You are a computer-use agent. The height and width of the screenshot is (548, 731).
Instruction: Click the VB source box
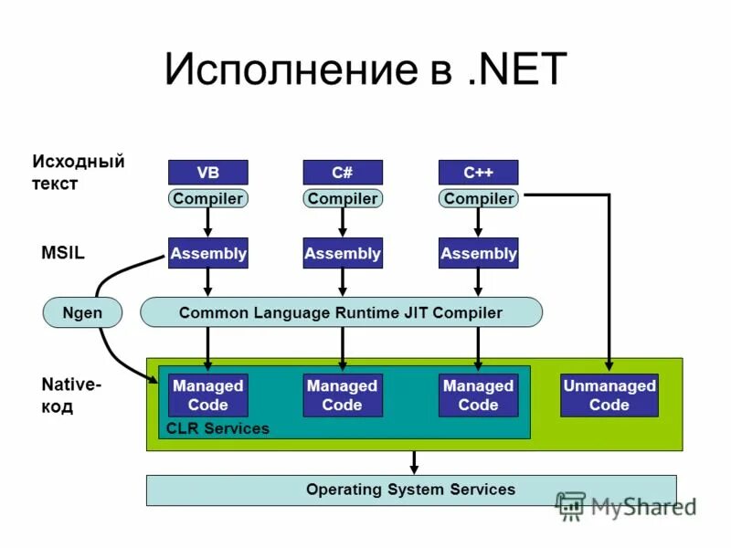(x=207, y=172)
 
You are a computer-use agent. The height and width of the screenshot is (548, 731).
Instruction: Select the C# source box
(x=343, y=172)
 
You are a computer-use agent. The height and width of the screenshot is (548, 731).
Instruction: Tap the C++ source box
(x=478, y=172)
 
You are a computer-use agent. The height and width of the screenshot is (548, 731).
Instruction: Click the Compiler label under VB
(x=207, y=198)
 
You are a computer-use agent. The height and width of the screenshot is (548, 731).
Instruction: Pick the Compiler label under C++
(x=478, y=198)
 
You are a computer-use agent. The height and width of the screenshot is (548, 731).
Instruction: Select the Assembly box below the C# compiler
(x=343, y=253)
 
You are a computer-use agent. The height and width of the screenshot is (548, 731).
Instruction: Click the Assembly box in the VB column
(x=207, y=253)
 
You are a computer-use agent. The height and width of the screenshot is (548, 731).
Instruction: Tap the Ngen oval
(x=82, y=312)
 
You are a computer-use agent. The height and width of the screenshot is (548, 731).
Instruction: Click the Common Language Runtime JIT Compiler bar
(x=341, y=312)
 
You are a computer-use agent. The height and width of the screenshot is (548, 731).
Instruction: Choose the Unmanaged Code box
(x=609, y=395)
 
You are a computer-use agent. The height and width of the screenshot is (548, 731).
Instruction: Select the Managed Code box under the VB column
(x=207, y=395)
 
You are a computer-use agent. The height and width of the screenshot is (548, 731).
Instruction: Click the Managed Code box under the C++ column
(x=478, y=395)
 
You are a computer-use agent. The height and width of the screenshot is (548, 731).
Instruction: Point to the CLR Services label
(x=217, y=428)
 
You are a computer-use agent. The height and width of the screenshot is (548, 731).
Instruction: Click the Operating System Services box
(x=411, y=490)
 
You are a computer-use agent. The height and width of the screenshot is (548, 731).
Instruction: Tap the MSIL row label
(x=63, y=253)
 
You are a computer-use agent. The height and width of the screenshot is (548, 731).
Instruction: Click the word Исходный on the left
(x=79, y=163)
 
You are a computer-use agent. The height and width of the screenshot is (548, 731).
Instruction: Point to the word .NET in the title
(x=515, y=70)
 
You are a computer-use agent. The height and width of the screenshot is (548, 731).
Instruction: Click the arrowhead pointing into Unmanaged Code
(x=609, y=365)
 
